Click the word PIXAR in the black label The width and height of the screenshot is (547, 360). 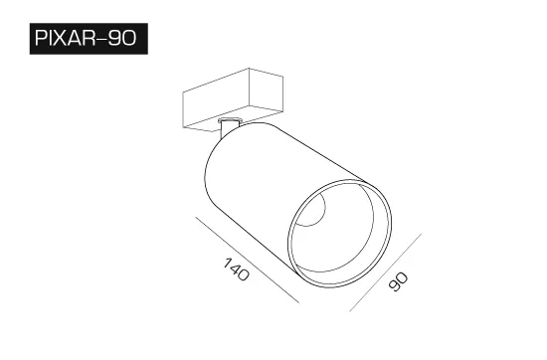(66, 38)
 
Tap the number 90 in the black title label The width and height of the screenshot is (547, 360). (121, 38)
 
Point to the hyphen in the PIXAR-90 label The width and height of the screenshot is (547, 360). (101, 39)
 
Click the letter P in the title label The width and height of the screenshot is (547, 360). (41, 38)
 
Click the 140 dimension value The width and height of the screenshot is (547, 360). (237, 269)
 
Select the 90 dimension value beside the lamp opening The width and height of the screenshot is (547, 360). (398, 281)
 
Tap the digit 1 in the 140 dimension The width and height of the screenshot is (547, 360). (228, 263)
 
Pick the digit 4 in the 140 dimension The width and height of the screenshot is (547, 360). (236, 269)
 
